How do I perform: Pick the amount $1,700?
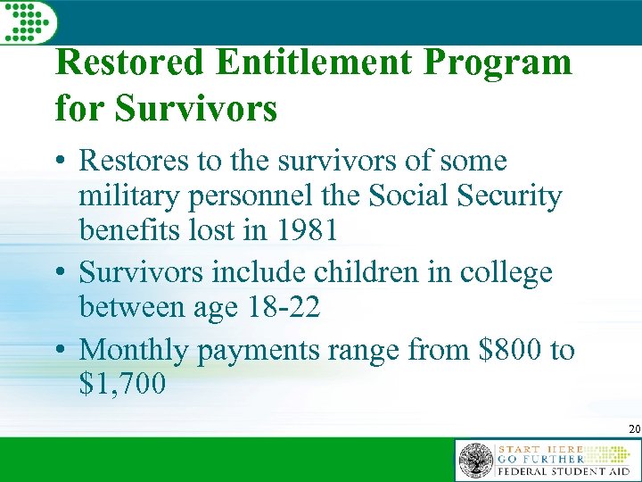pos(122,385)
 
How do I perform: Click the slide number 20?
pos(633,430)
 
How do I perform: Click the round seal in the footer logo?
pos(475,461)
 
